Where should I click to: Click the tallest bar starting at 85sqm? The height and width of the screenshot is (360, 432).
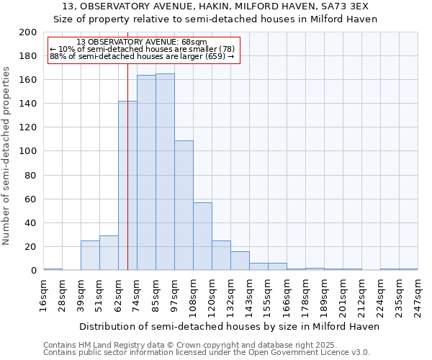165,172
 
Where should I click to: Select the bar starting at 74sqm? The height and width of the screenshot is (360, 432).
146,173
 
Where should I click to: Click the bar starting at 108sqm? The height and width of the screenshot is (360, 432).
202,236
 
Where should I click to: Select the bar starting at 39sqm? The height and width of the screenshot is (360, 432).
90,256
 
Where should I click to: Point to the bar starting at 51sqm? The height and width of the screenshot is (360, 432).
109,253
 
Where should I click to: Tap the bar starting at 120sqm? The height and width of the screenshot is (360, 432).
221,256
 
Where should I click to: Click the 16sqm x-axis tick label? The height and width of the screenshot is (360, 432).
43,295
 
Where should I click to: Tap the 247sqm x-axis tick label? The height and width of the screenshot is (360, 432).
418,295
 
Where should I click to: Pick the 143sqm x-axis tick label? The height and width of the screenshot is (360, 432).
249,295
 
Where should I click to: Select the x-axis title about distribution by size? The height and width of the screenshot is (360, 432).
230,326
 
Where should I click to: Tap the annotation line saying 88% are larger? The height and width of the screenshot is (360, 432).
142,56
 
